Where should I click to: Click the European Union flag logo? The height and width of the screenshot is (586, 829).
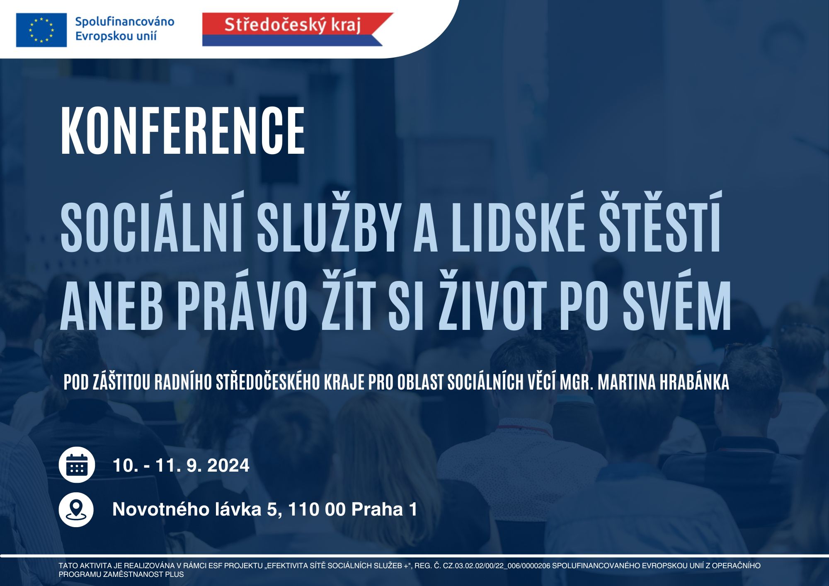pyautogui.click(x=41, y=30)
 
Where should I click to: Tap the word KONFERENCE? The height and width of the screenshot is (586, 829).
pyautogui.click(x=183, y=130)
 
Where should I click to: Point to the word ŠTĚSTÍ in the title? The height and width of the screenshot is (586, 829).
pyautogui.click(x=660, y=222)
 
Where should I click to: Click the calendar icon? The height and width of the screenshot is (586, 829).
pyautogui.click(x=77, y=465)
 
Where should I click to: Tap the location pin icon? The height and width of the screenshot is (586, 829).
pyautogui.click(x=76, y=509)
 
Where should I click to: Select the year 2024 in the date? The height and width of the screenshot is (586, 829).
pyautogui.click(x=228, y=465)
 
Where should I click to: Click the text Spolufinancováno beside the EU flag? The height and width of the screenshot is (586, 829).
pyautogui.click(x=125, y=22)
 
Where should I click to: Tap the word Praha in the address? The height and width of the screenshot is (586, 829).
pyautogui.click(x=377, y=509)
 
